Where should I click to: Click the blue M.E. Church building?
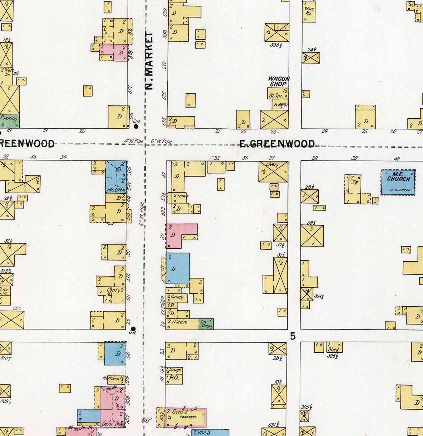pyautogui.click(x=398, y=182)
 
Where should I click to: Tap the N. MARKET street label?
pyautogui.click(x=149, y=61)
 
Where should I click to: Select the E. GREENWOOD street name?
pyautogui.click(x=277, y=144)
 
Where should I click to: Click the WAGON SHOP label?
pyautogui.click(x=279, y=81)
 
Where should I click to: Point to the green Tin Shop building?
pyautogui.click(x=206, y=324)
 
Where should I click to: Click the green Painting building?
pyautogui.click(x=9, y=121)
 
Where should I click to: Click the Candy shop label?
pyautogui.click(x=177, y=297)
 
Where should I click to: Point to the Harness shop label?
pyautogui.click(x=110, y=378)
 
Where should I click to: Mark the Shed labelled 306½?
pyautogui.click(x=333, y=349)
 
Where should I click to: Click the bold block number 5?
pyautogui.click(x=293, y=336)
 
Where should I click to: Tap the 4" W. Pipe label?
pyautogui.click(x=134, y=142)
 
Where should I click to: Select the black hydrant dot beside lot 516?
pyautogui.click(x=136, y=126)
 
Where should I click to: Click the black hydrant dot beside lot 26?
pyautogui.click(x=133, y=328)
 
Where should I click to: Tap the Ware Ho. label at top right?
pyautogui.click(x=308, y=12)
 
